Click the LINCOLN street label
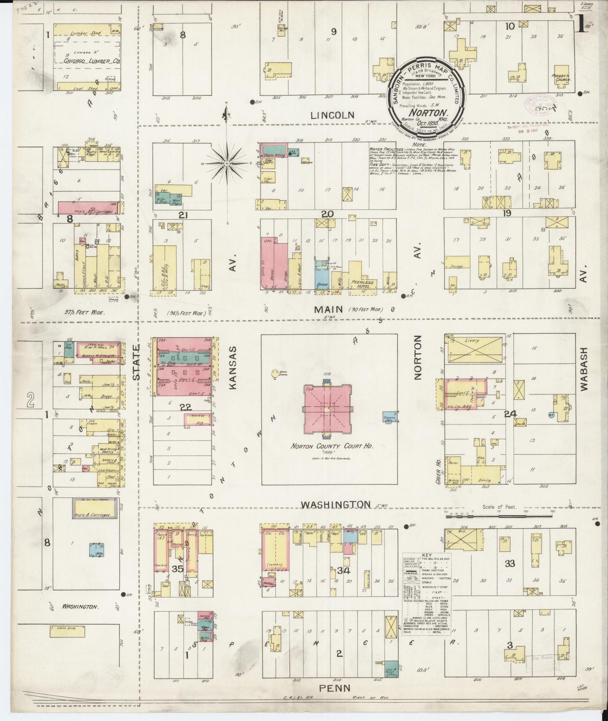click(333, 114)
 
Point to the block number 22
click(185, 407)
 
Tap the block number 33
click(510, 563)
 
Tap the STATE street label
click(136, 362)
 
